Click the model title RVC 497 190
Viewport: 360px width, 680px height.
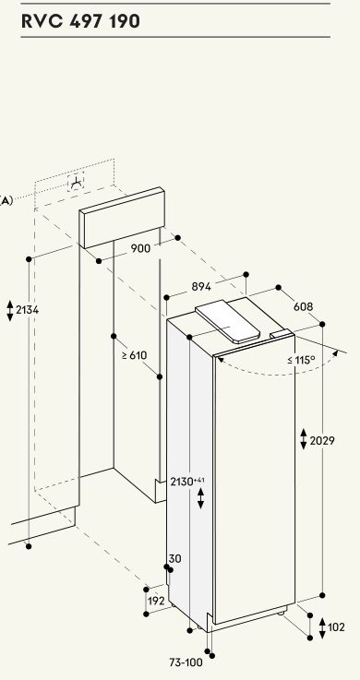[80, 21]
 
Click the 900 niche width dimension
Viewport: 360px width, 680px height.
[140, 248]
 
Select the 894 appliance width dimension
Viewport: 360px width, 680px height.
[201, 287]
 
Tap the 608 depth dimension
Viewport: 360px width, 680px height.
[303, 306]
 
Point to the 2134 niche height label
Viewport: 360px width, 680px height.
[27, 310]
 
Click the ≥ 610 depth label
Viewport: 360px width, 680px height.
[134, 355]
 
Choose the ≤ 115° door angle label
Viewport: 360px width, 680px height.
[301, 360]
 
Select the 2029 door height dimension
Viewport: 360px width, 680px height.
[322, 441]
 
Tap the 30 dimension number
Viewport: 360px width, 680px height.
[174, 559]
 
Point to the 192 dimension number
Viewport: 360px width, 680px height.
[156, 601]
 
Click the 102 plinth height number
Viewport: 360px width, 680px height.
[336, 627]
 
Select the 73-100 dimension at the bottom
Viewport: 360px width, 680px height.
[186, 662]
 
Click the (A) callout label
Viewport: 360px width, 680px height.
[6, 201]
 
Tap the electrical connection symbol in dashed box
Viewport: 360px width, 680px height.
[76, 184]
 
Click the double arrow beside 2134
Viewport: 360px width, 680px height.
[10, 311]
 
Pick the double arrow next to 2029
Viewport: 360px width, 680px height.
[304, 439]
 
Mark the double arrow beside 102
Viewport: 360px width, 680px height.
[322, 628]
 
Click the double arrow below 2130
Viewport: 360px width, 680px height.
[200, 498]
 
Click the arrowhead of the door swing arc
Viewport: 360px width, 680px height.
[335, 353]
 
